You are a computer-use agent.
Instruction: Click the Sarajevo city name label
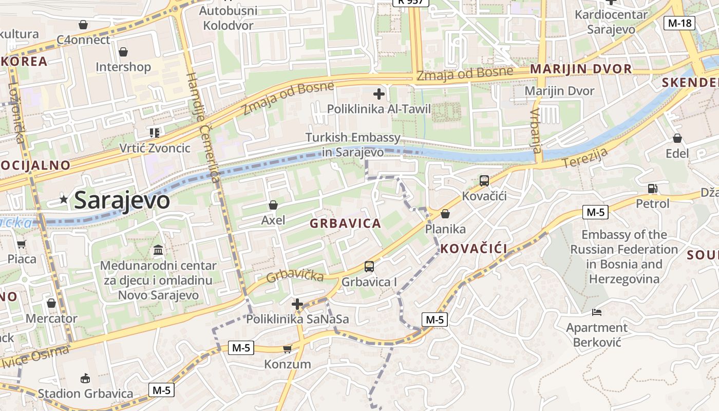[122, 200]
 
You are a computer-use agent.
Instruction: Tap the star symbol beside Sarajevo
[64, 199]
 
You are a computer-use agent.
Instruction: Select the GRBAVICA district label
[345, 223]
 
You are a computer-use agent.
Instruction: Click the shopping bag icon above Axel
[273, 206]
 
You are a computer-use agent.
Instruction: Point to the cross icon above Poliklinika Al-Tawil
[379, 94]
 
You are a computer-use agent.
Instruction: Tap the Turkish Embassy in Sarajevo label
[353, 145]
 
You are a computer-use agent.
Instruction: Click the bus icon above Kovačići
[484, 181]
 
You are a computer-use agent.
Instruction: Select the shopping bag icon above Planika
[445, 214]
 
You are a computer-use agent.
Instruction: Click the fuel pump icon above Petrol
[652, 189]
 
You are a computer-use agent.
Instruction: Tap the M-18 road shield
[679, 23]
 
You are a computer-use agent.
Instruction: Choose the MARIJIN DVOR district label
[581, 69]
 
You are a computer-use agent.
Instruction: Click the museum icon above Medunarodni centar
[159, 251]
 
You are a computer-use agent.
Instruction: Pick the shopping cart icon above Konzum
[287, 349]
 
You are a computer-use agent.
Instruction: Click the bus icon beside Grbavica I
[369, 267]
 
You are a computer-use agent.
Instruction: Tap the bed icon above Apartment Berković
[597, 312]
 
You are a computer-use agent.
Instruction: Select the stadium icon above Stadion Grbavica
[85, 379]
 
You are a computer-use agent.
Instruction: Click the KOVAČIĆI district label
[474, 249]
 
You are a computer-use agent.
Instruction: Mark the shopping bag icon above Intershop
[123, 52]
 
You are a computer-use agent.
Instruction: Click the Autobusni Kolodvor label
[228, 18]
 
